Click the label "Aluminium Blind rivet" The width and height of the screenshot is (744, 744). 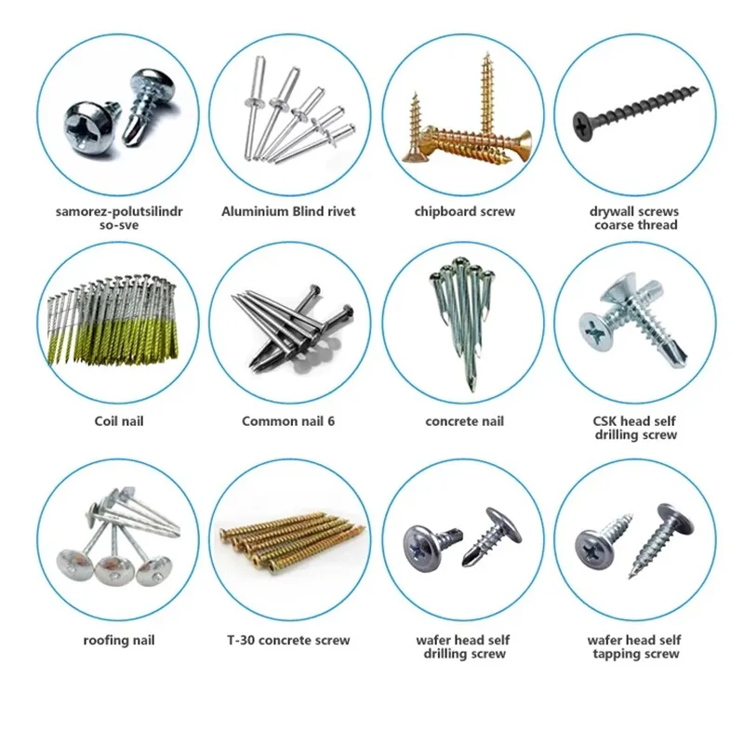pos(288,211)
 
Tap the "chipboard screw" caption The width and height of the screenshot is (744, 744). pos(464,212)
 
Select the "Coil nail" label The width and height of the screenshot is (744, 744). pos(119,421)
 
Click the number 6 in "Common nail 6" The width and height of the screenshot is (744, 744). pos(330,421)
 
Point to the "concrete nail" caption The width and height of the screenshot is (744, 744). pos(464,421)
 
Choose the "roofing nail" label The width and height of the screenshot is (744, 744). pos(119,641)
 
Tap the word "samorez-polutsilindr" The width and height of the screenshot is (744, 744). pos(119,211)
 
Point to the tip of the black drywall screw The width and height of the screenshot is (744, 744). pos(697,87)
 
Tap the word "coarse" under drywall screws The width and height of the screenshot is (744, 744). pos(615,225)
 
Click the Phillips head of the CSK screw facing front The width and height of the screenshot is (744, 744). pos(596,331)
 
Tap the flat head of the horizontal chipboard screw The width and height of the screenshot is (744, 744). pos(522,145)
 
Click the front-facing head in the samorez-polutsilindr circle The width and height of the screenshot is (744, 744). pos(89,126)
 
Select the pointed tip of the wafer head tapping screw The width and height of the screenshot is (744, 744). pos(631,576)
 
